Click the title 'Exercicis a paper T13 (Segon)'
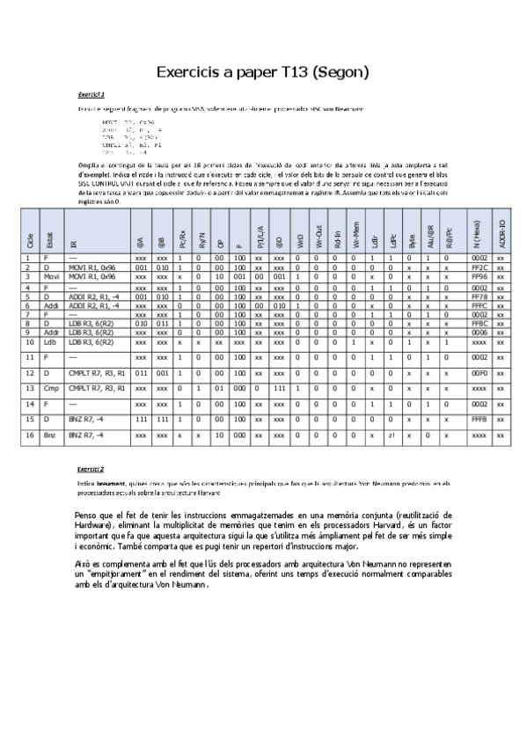point(262,71)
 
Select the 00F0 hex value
point(479,373)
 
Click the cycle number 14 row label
point(30,403)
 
